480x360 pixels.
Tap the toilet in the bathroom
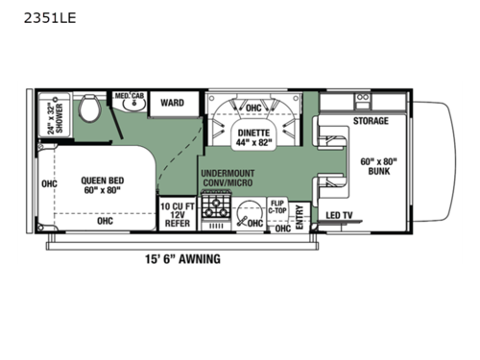point(90,109)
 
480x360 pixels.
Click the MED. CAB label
point(130,96)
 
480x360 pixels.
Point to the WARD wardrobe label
point(173,102)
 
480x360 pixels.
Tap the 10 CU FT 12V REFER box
point(177,214)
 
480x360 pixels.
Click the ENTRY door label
point(300,214)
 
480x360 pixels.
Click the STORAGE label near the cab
point(371,121)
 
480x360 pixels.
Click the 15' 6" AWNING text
point(181,259)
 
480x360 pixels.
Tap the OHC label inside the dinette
point(253,108)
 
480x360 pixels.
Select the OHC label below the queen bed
point(104,220)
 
